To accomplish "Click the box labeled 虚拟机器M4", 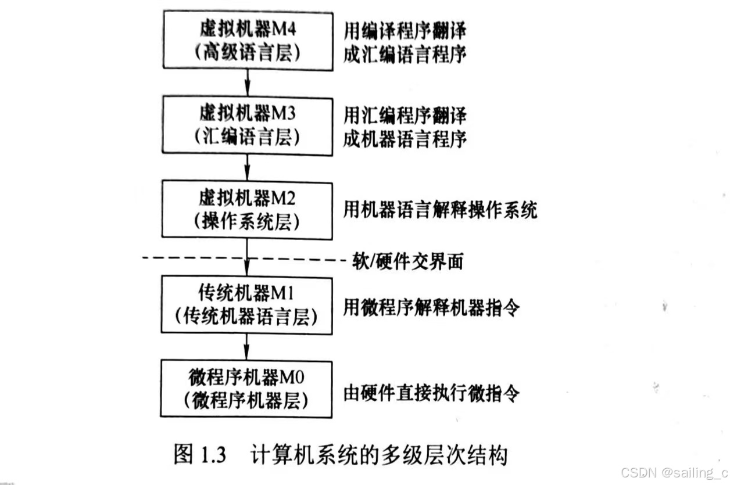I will (x=248, y=40).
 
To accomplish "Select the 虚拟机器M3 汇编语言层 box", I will (x=248, y=124).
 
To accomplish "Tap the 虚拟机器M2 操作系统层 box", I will (x=248, y=209).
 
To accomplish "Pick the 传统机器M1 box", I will (x=247, y=304).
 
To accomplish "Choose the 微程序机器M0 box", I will (x=246, y=389).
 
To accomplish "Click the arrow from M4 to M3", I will (x=248, y=83).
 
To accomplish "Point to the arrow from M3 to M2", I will (x=248, y=167).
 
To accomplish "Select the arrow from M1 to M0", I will (x=247, y=347).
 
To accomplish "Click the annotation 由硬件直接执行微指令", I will (x=431, y=394).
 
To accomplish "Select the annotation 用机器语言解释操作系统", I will (x=440, y=210).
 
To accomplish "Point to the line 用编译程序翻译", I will (x=405, y=30).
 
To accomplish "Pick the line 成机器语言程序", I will (x=405, y=140).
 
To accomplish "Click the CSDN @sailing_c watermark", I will (x=674, y=473).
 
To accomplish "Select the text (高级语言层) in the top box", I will (x=248, y=53).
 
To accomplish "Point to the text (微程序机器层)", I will (x=246, y=402).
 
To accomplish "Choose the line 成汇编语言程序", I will (x=405, y=55).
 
